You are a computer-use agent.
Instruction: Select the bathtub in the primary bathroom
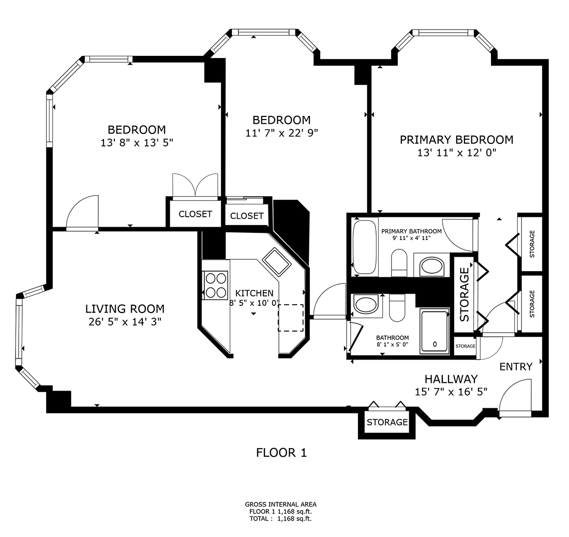365,246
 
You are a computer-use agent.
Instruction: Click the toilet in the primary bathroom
399,262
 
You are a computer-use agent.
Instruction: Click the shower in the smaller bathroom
434,332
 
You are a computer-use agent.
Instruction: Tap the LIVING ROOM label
125,309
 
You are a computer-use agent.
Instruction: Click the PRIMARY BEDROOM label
456,140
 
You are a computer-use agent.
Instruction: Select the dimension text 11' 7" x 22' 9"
281,133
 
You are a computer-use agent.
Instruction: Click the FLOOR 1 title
281,453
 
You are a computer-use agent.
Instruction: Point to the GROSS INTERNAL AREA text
280,504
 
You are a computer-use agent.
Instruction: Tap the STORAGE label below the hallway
387,422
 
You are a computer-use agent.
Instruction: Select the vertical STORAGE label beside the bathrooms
464,294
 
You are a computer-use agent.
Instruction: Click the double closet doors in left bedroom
195,186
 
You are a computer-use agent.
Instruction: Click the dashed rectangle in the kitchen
291,318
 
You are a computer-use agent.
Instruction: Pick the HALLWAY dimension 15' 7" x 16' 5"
451,392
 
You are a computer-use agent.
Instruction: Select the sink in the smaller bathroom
366,305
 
